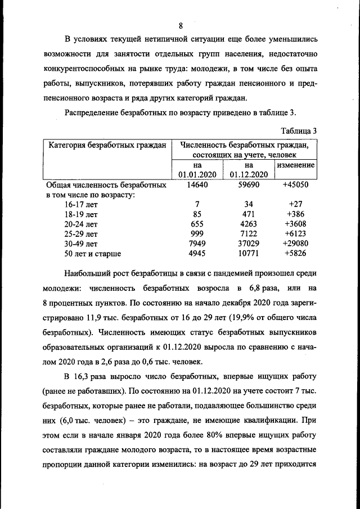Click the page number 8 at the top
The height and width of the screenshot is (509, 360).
pyautogui.click(x=181, y=26)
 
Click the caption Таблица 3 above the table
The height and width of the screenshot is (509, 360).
pyautogui.click(x=299, y=130)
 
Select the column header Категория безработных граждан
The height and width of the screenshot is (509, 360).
pyautogui.click(x=107, y=145)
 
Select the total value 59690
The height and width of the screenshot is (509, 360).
pyautogui.click(x=248, y=184)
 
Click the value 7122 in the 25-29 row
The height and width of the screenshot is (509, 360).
pyautogui.click(x=248, y=233)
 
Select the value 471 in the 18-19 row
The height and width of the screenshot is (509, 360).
pyautogui.click(x=248, y=214)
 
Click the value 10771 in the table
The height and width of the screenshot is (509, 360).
pyautogui.click(x=248, y=254)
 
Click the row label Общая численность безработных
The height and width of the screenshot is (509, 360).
pyautogui.click(x=106, y=184)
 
